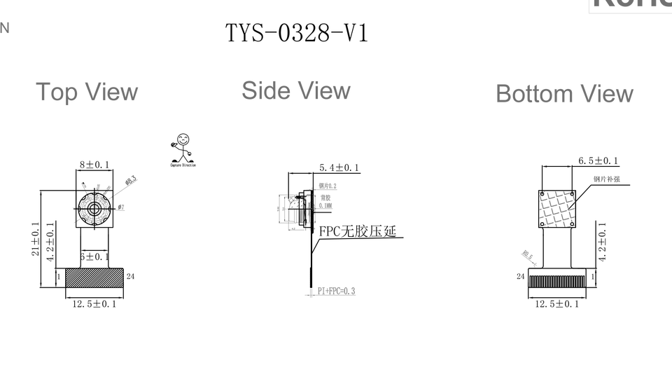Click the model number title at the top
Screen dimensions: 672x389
tap(296, 32)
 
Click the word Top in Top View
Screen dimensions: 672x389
tap(57, 93)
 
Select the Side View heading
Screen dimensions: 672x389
tap(295, 90)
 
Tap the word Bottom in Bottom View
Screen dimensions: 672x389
tap(532, 94)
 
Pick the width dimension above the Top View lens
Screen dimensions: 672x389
tap(94, 163)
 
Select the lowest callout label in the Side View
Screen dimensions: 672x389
tap(337, 289)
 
